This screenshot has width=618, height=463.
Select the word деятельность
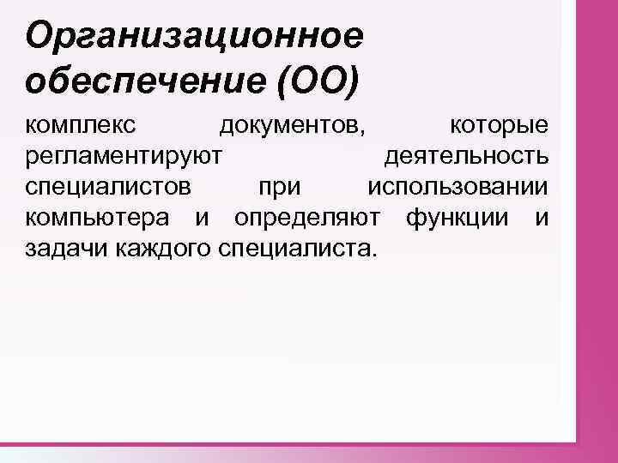pyautogui.click(x=466, y=158)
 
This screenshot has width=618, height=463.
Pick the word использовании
pyautogui.click(x=457, y=188)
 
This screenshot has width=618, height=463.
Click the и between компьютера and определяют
pyautogui.click(x=202, y=219)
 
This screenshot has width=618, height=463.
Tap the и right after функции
pyautogui.click(x=542, y=219)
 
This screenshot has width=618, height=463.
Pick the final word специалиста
pyautogui.click(x=298, y=249)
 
